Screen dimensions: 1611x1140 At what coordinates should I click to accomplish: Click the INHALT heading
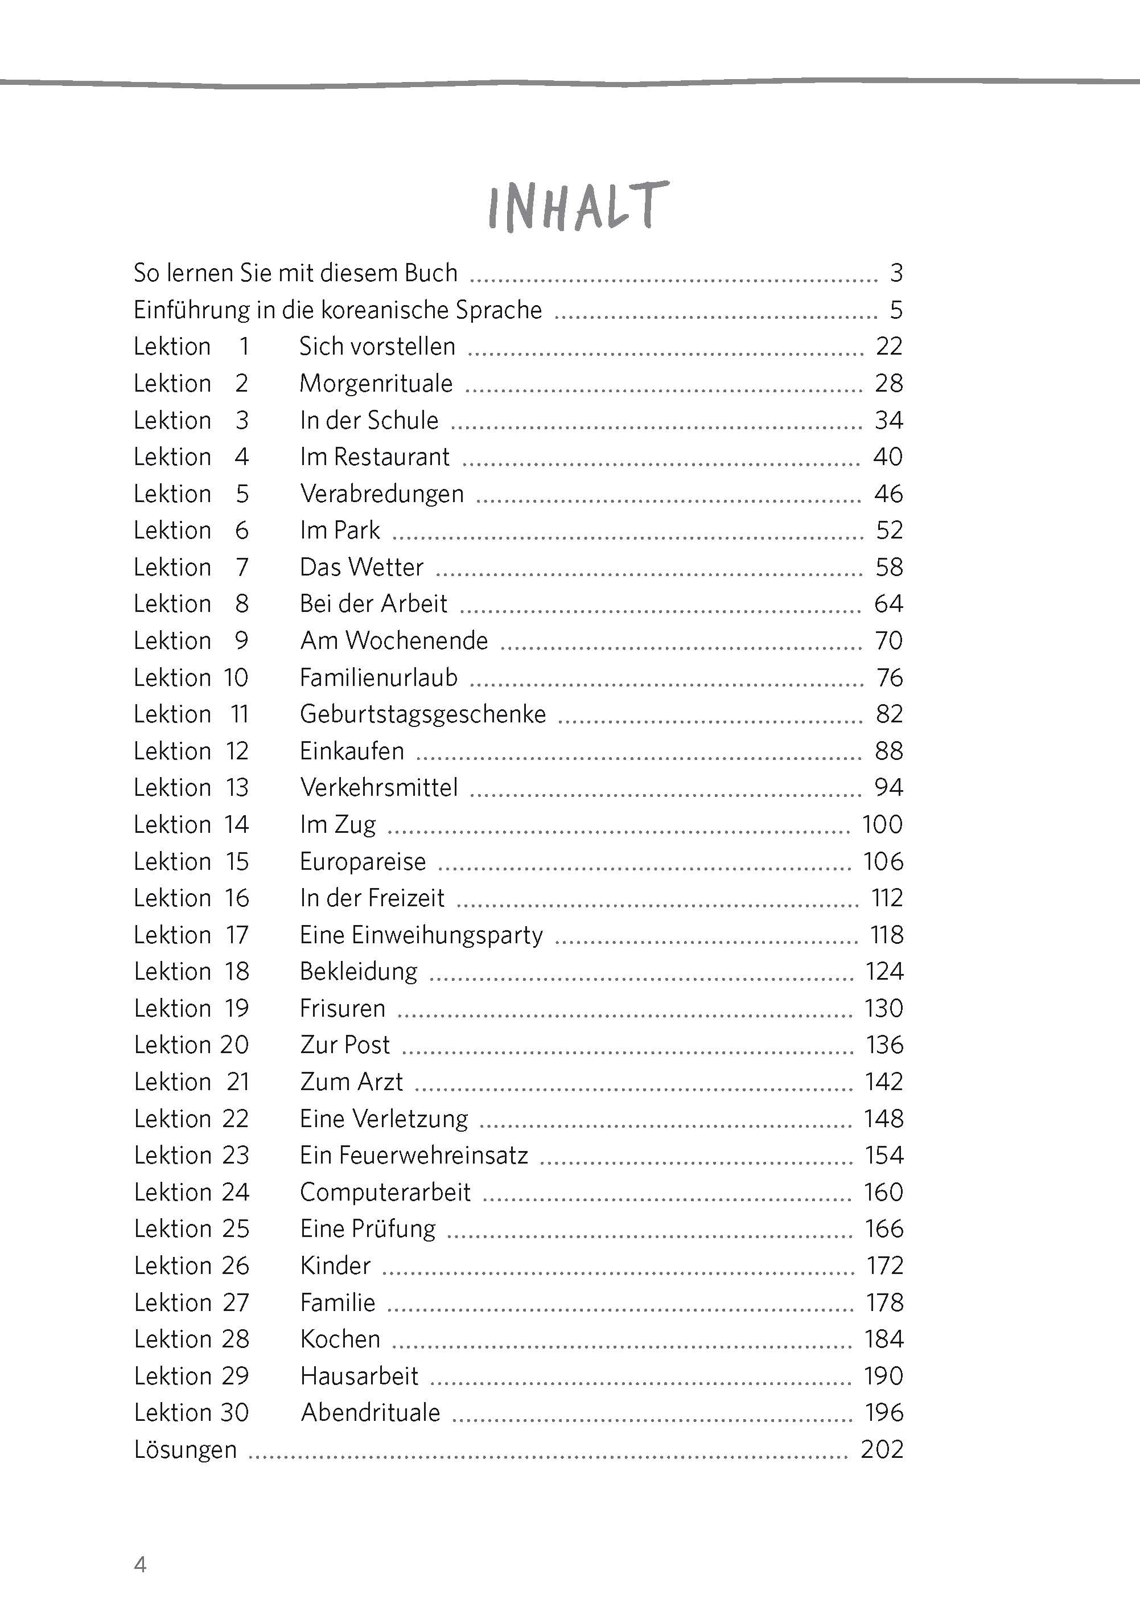tap(577, 207)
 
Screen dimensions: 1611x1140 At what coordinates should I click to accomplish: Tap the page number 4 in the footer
tap(141, 1565)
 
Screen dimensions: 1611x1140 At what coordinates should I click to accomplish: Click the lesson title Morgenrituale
tap(376, 383)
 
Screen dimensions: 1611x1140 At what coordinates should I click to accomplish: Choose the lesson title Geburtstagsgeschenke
tap(422, 714)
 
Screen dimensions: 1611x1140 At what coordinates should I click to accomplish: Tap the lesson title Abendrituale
tap(370, 1412)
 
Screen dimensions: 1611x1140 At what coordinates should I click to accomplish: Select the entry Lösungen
tap(186, 1449)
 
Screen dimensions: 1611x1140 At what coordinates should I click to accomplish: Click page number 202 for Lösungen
tap(882, 1449)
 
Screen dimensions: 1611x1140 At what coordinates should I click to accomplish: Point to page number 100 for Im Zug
tap(882, 824)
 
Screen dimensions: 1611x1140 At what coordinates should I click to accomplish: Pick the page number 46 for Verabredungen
tap(888, 494)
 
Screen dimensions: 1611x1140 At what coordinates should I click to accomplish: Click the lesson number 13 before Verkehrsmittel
tap(237, 788)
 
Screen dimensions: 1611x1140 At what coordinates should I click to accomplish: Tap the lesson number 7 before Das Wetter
tap(242, 567)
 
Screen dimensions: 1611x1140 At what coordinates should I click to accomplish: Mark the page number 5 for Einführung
tap(896, 310)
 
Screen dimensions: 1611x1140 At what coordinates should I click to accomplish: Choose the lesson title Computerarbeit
tap(385, 1192)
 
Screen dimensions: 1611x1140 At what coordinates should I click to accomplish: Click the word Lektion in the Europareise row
tap(172, 861)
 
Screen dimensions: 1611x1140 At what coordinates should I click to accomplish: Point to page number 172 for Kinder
tap(884, 1265)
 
